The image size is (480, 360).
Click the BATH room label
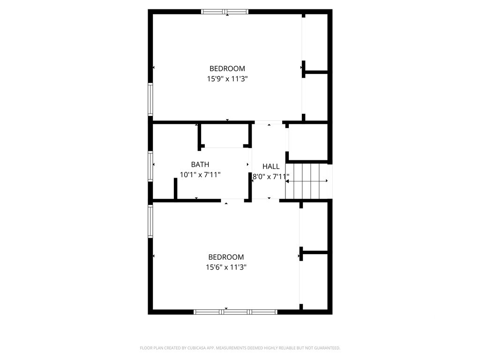click(200, 165)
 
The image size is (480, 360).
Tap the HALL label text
click(271, 166)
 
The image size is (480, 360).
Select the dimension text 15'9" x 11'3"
click(227, 79)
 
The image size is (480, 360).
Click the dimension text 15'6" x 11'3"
click(226, 267)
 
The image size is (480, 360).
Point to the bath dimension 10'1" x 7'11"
click(200, 175)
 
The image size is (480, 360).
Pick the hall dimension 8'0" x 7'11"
click(271, 177)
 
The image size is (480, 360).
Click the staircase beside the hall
click(307, 181)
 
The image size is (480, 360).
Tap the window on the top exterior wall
click(225, 12)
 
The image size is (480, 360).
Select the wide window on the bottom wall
click(235, 312)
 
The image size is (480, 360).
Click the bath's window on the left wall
click(150, 166)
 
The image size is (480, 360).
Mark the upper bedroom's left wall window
click(150, 99)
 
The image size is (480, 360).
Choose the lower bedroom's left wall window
click(150, 221)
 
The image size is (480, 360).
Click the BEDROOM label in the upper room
click(227, 68)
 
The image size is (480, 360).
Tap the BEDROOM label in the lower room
click(226, 257)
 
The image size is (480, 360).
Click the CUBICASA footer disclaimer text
click(240, 348)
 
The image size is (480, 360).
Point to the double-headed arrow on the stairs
click(307, 181)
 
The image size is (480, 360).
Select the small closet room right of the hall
click(308, 142)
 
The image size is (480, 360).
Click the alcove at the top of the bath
click(225, 135)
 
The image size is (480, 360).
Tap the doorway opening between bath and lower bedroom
click(232, 201)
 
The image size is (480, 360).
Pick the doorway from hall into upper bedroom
click(269, 122)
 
